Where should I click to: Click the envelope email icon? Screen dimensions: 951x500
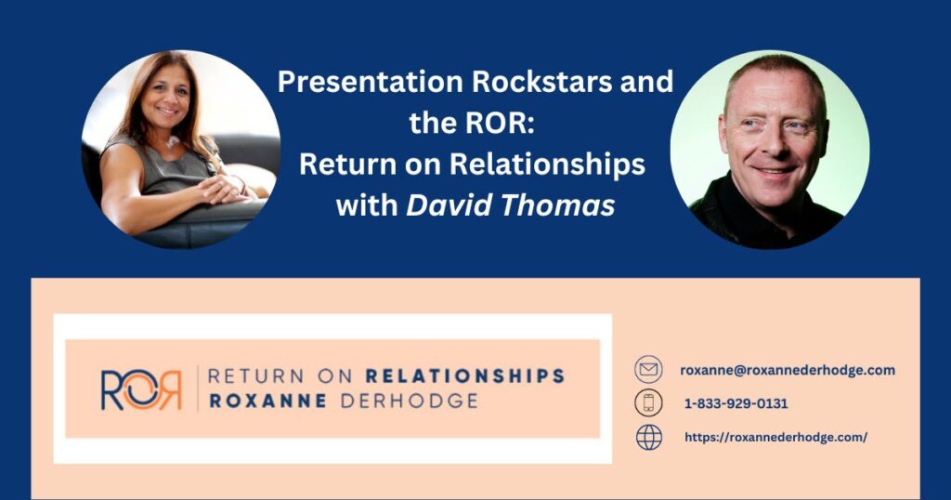tap(648, 370)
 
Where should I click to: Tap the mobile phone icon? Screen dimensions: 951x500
tap(648, 403)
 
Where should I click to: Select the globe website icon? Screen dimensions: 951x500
tap(648, 437)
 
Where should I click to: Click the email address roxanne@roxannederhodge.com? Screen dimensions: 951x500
tap(788, 370)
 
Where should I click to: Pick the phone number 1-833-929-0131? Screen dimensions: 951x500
tap(736, 403)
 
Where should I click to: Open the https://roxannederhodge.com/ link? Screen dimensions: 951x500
tap(775, 437)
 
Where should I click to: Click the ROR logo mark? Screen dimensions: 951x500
tap(141, 389)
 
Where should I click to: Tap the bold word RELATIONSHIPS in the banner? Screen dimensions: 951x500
tap(465, 376)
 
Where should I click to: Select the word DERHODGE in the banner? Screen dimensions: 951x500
tap(410, 401)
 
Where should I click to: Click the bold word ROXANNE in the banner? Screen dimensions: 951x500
tap(267, 401)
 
